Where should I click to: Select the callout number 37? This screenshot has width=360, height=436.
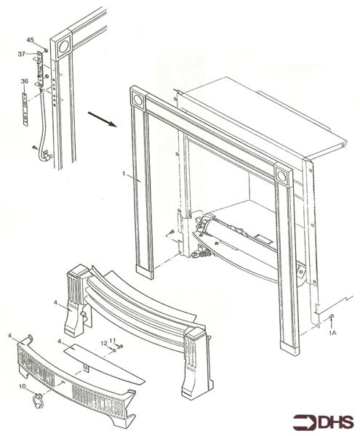point(22,53)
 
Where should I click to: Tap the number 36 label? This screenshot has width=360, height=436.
point(24,81)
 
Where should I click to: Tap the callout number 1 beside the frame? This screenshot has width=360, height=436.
point(124,175)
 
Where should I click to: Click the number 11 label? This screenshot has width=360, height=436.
point(112,340)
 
